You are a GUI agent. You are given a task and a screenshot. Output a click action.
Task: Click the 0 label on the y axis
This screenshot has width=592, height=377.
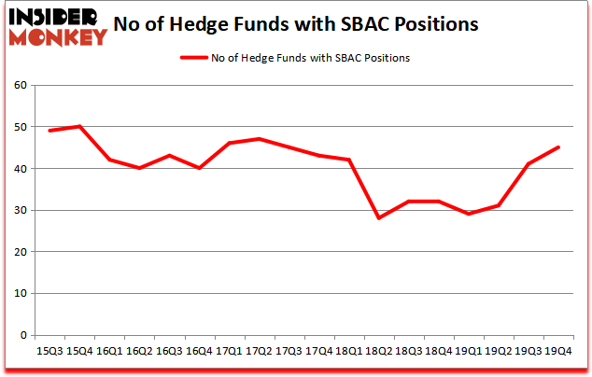coord(22,335)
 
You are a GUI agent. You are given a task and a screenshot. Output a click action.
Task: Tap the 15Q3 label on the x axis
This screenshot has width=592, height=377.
coord(49,351)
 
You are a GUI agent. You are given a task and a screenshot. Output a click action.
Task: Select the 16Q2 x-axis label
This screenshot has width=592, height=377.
coord(139,351)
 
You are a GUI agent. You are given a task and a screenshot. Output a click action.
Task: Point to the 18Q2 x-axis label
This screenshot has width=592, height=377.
coord(378,351)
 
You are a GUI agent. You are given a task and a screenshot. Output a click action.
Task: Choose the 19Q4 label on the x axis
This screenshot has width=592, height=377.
coord(557,351)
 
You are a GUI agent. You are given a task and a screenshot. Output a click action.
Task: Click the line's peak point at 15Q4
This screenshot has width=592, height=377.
coord(79,126)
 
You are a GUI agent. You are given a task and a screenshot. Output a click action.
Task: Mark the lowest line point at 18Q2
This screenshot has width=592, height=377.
coord(378,218)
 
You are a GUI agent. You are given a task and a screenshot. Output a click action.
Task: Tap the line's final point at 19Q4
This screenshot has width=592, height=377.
coord(557,147)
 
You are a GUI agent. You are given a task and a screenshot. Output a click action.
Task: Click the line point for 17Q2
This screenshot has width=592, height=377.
coord(259,139)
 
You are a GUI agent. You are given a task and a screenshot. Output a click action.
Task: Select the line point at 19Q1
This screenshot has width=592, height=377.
coord(468,214)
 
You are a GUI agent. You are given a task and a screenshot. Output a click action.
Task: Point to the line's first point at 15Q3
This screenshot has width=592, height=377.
coord(49,131)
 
